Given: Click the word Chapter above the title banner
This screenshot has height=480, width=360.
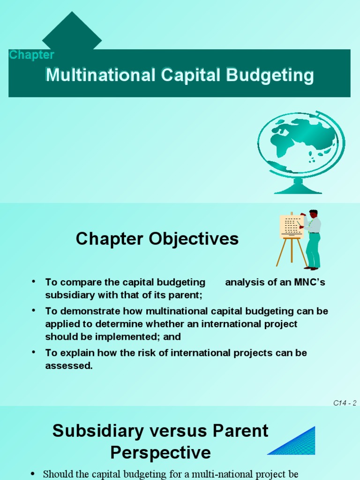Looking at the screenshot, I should point(31,55).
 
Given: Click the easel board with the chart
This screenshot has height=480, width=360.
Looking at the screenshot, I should point(291,227).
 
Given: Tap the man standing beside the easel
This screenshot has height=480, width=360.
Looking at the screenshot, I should point(312,239).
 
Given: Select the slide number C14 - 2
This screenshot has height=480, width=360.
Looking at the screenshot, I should point(345,403).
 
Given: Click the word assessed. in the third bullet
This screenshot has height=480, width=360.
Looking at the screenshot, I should point(69,366).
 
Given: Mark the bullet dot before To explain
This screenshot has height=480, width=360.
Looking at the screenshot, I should point(34,352).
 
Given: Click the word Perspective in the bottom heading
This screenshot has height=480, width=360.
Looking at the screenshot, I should point(160,453).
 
